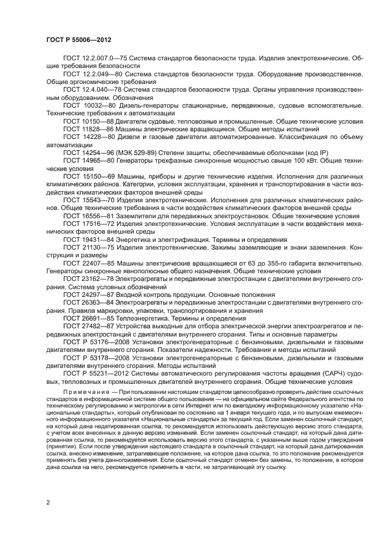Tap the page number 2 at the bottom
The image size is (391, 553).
click(49, 502)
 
